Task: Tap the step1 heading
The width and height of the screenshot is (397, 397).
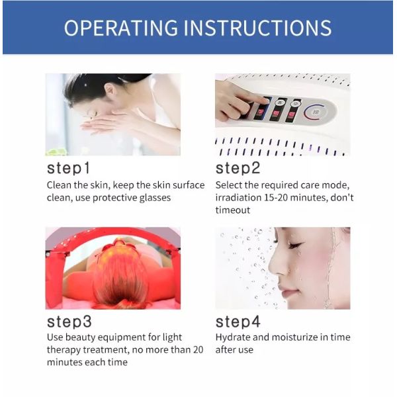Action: (x=68, y=167)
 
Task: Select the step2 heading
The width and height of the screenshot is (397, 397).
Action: (x=238, y=167)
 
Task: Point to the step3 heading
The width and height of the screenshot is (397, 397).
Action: (x=69, y=322)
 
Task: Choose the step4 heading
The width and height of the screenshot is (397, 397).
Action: (x=239, y=322)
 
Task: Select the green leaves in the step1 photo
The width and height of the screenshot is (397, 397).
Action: (x=53, y=150)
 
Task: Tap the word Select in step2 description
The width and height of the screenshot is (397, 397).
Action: (x=230, y=185)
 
